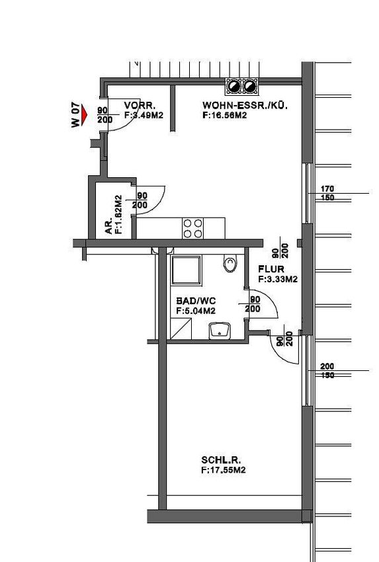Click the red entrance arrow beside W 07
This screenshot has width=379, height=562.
84,114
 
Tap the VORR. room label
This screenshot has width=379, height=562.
140,106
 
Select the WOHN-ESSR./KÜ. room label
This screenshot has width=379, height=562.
245,106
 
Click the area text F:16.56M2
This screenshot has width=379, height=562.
224,116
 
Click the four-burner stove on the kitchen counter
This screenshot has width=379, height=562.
192,228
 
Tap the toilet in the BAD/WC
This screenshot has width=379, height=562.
230,263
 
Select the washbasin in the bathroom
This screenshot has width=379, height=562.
220,331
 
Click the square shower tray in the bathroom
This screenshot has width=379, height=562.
186,270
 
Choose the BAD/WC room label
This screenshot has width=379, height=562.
196,301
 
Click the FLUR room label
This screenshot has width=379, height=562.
271,269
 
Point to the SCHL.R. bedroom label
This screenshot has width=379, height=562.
221,460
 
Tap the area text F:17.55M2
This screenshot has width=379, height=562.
224,470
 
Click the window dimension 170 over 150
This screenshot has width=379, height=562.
327,193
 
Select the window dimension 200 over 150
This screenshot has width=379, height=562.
327,371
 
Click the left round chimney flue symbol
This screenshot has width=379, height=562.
233,87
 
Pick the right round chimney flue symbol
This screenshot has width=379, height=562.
250,87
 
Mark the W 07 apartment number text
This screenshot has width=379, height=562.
75,115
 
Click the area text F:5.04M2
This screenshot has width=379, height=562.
196,311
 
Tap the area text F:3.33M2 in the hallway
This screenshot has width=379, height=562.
278,279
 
